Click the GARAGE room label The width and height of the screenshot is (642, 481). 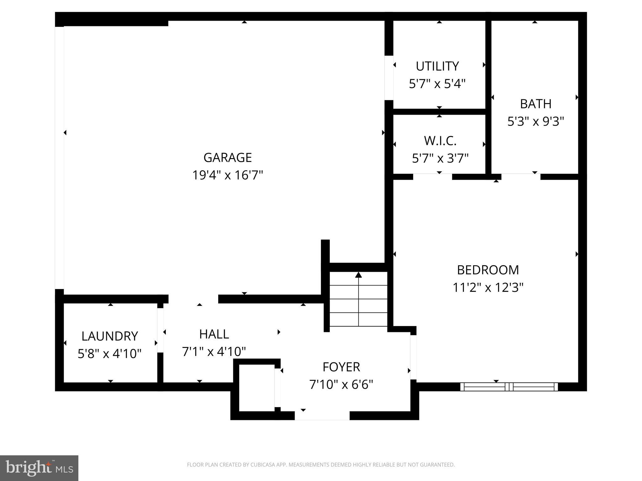(x=228, y=158)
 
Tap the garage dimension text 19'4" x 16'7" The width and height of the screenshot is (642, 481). (x=228, y=175)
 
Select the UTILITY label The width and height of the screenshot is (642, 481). (x=437, y=66)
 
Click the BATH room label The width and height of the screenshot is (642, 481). (x=536, y=104)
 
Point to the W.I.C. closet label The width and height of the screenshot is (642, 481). (x=440, y=141)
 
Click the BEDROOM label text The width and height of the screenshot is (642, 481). (x=488, y=270)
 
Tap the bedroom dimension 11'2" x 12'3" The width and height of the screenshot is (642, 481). (x=488, y=287)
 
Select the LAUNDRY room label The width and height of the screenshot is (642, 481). (x=110, y=336)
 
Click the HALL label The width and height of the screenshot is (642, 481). (x=214, y=334)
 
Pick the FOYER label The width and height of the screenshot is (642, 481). (x=341, y=367)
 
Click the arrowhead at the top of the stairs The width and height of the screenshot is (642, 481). (x=358, y=275)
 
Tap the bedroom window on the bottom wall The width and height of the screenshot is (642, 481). (x=509, y=387)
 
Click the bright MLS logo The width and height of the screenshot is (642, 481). (x=39, y=468)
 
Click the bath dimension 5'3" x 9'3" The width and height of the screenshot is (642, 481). (x=536, y=122)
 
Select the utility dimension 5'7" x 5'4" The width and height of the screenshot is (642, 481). (x=437, y=84)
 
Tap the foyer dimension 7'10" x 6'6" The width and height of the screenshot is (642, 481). (x=341, y=385)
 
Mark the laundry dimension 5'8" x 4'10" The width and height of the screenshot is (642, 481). (x=110, y=354)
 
